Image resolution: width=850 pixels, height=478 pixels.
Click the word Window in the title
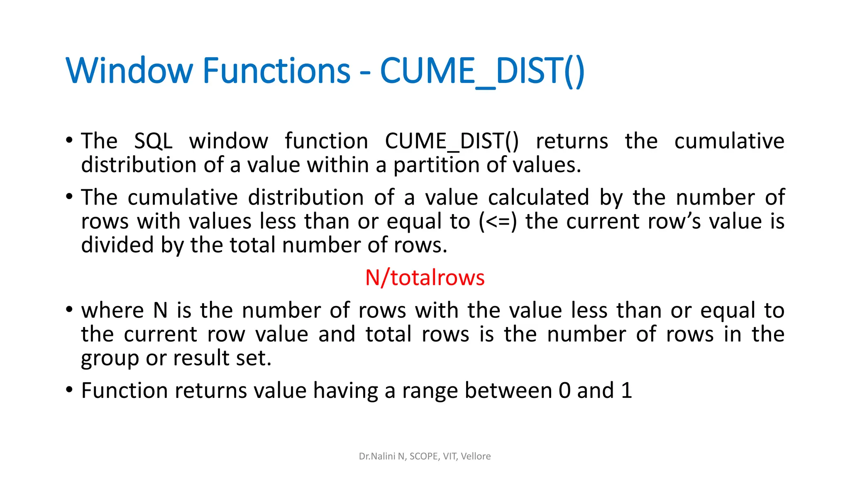129,71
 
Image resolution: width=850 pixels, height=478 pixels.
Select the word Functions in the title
277,71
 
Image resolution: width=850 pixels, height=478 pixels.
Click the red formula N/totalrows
425,278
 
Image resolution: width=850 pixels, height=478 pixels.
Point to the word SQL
153,141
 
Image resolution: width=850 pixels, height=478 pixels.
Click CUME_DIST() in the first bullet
452,141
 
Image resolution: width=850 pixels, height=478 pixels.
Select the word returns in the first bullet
572,141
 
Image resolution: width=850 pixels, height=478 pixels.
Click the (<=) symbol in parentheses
498,221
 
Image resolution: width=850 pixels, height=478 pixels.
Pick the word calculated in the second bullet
538,198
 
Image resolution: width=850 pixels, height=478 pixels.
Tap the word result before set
201,358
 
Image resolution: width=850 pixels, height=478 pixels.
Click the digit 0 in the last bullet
565,390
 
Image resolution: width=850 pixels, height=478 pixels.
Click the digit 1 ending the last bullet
626,390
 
